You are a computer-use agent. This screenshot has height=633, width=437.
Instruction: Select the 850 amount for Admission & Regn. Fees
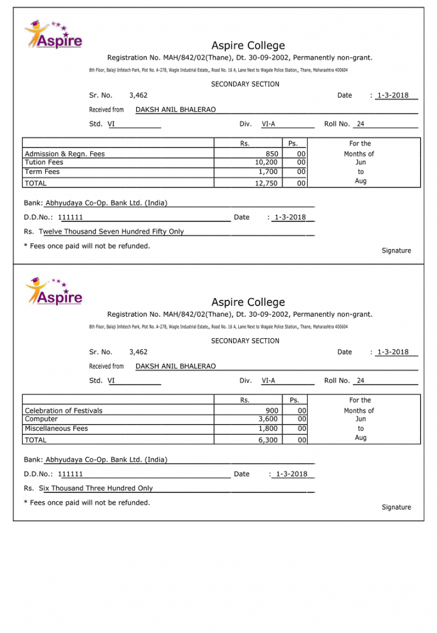[271, 154]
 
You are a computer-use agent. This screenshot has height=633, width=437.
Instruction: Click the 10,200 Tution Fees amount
[266, 162]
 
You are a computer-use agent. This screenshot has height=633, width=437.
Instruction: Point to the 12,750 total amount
[266, 183]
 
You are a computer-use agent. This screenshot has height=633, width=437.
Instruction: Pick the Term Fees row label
[42, 171]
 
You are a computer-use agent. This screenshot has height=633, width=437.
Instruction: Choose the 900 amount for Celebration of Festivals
[271, 410]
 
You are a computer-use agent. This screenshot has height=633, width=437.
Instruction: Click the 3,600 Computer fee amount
[268, 419]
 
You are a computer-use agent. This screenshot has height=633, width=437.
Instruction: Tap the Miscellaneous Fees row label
[56, 428]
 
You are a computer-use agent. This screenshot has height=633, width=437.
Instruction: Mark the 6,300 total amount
[268, 440]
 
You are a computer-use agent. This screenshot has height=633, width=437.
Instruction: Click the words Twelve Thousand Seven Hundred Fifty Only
[112, 231]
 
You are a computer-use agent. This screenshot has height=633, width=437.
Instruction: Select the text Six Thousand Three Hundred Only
[96, 488]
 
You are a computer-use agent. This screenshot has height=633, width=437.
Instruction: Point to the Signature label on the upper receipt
[396, 250]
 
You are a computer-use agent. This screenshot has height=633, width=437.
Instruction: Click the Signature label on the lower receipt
[396, 507]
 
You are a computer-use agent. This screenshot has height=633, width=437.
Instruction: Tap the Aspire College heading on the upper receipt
[248, 46]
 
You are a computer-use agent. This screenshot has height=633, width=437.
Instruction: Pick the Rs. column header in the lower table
[245, 400]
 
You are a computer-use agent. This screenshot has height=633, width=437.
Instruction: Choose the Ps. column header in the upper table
[293, 144]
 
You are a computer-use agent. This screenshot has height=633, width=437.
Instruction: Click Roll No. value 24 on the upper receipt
[361, 124]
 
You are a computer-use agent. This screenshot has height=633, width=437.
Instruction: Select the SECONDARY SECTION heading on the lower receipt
[245, 341]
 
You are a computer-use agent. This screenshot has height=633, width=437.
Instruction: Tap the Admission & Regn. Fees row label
[65, 154]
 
